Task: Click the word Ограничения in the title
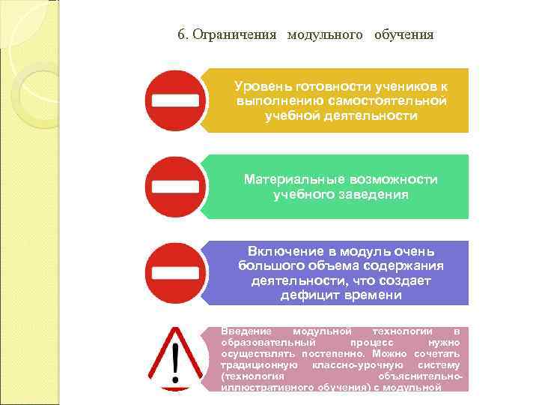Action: pyautogui.click(x=235, y=35)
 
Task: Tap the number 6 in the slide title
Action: pyautogui.click(x=182, y=35)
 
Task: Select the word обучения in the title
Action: pyautogui.click(x=405, y=35)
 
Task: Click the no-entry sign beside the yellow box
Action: pyautogui.click(x=174, y=100)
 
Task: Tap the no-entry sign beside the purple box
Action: pyautogui.click(x=174, y=272)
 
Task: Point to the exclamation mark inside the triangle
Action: pyautogui.click(x=175, y=363)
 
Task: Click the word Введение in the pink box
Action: pyautogui.click(x=245, y=331)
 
